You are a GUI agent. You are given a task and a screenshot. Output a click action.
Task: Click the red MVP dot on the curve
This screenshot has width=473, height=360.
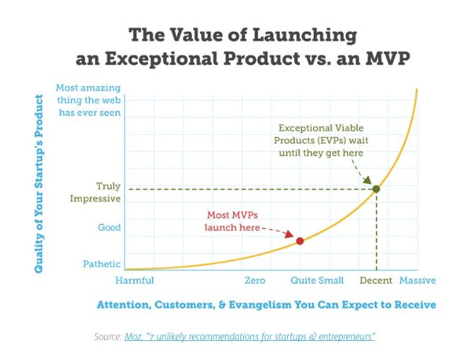click(x=300, y=240)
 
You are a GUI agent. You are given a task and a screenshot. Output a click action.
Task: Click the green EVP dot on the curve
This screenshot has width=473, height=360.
click(x=376, y=189)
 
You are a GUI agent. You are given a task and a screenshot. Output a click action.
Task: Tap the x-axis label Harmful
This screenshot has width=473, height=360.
click(x=134, y=281)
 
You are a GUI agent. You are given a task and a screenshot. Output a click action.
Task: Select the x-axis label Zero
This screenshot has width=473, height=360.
click(x=255, y=281)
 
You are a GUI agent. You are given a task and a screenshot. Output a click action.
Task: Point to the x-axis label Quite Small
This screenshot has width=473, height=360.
click(x=317, y=281)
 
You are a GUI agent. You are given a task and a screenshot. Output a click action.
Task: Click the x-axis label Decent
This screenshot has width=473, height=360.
click(x=376, y=281)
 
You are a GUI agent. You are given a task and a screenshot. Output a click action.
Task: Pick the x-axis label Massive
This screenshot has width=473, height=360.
click(x=417, y=281)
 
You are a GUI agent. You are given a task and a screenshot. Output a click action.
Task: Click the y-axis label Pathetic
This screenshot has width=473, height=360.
click(x=102, y=265)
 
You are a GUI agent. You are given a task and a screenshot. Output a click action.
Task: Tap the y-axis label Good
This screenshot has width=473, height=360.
click(x=110, y=228)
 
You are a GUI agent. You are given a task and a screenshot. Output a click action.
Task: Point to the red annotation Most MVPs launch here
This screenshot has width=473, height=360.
click(x=232, y=221)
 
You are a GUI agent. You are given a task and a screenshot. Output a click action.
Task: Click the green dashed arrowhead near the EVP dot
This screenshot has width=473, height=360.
click(x=368, y=182)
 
